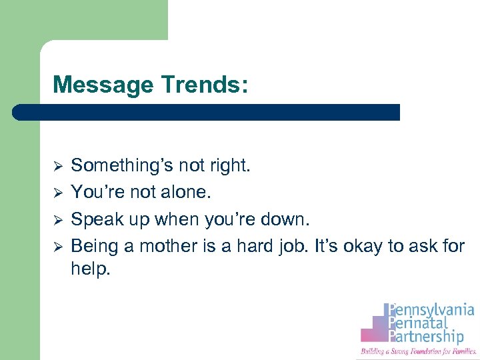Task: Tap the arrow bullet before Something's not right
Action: (57, 165)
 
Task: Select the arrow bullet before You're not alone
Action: (57, 193)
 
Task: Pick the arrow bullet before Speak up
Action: (57, 219)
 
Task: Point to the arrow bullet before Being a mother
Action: (57, 247)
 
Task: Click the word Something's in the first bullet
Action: (118, 165)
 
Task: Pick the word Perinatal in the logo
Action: (420, 324)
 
